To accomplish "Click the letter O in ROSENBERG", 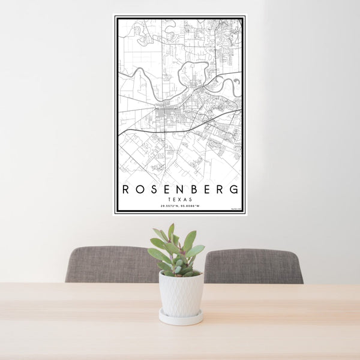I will pos(139,189).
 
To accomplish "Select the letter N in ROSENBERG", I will pos(182,189).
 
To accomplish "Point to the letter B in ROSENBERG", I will pos(196,189).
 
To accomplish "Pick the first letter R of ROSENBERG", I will pos(125,189).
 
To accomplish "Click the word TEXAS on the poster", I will pos(180,200).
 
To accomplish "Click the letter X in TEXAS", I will pos(180,200).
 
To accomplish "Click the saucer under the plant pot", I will pos(181,317).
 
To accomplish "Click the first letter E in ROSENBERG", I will pos(168,189).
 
